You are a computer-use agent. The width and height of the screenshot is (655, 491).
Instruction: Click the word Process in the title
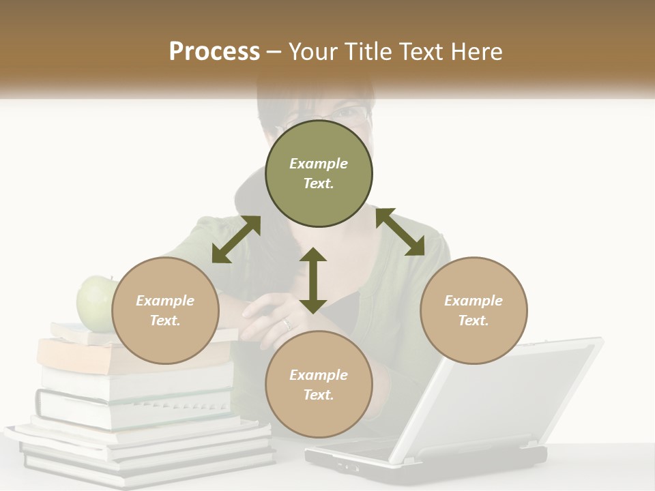(214, 52)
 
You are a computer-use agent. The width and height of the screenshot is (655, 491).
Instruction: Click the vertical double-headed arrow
(313, 280)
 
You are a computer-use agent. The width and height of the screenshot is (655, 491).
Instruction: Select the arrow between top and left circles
(236, 239)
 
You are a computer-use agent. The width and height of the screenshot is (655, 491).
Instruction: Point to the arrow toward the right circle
(400, 232)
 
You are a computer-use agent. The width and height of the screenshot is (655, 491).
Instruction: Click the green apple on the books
(94, 303)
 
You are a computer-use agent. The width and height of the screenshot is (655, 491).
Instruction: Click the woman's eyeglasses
(348, 113)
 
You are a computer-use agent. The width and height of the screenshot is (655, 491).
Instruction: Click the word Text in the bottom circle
(319, 395)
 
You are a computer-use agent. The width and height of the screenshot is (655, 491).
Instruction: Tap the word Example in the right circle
(474, 301)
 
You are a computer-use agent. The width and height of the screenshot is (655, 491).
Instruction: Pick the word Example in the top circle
(319, 164)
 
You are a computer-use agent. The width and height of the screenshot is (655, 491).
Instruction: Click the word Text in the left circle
(165, 321)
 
